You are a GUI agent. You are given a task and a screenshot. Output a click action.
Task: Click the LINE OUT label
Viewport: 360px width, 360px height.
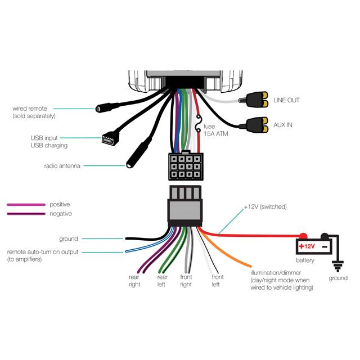pyautogui.click(x=286, y=100)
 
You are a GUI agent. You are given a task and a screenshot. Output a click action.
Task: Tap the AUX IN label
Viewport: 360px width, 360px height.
pyautogui.click(x=283, y=124)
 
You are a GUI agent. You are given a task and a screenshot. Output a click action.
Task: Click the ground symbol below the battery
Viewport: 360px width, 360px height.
pyautogui.click(x=338, y=264)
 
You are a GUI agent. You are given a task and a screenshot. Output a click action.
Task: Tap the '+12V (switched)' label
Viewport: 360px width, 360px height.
pyautogui.click(x=265, y=207)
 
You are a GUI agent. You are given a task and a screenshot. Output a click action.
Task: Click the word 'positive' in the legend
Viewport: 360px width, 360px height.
pyautogui.click(x=60, y=204)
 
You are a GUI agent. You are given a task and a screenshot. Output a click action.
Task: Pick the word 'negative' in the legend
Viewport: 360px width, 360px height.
pyautogui.click(x=60, y=214)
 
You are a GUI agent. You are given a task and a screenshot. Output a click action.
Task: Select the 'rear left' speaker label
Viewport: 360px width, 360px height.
pyautogui.click(x=163, y=281)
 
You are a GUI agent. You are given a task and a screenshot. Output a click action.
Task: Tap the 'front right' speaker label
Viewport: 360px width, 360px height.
pyautogui.click(x=186, y=281)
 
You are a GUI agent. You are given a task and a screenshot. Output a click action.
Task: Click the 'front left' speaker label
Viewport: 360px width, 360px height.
pyautogui.click(x=217, y=281)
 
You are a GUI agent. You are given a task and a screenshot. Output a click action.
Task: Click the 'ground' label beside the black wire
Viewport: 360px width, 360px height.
pyautogui.click(x=69, y=239)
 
